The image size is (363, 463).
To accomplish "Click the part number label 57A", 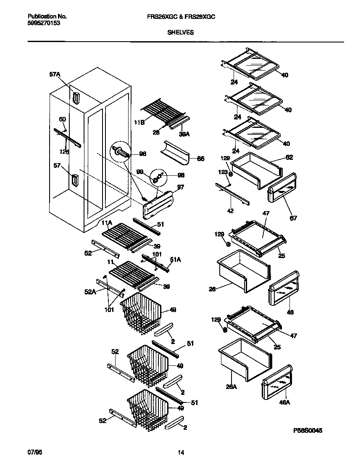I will point(55,74).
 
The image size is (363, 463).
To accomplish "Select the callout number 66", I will point(201,159).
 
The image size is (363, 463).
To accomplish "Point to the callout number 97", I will point(180,188).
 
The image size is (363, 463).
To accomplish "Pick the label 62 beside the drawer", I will point(289,158).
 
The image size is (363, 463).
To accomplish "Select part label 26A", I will point(231,387).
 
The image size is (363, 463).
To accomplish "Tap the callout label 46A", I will point(285,402).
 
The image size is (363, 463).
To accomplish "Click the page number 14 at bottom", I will point(181,453).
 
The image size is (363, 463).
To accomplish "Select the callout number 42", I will point(231,210).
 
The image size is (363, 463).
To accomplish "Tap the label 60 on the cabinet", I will point(62,119).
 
